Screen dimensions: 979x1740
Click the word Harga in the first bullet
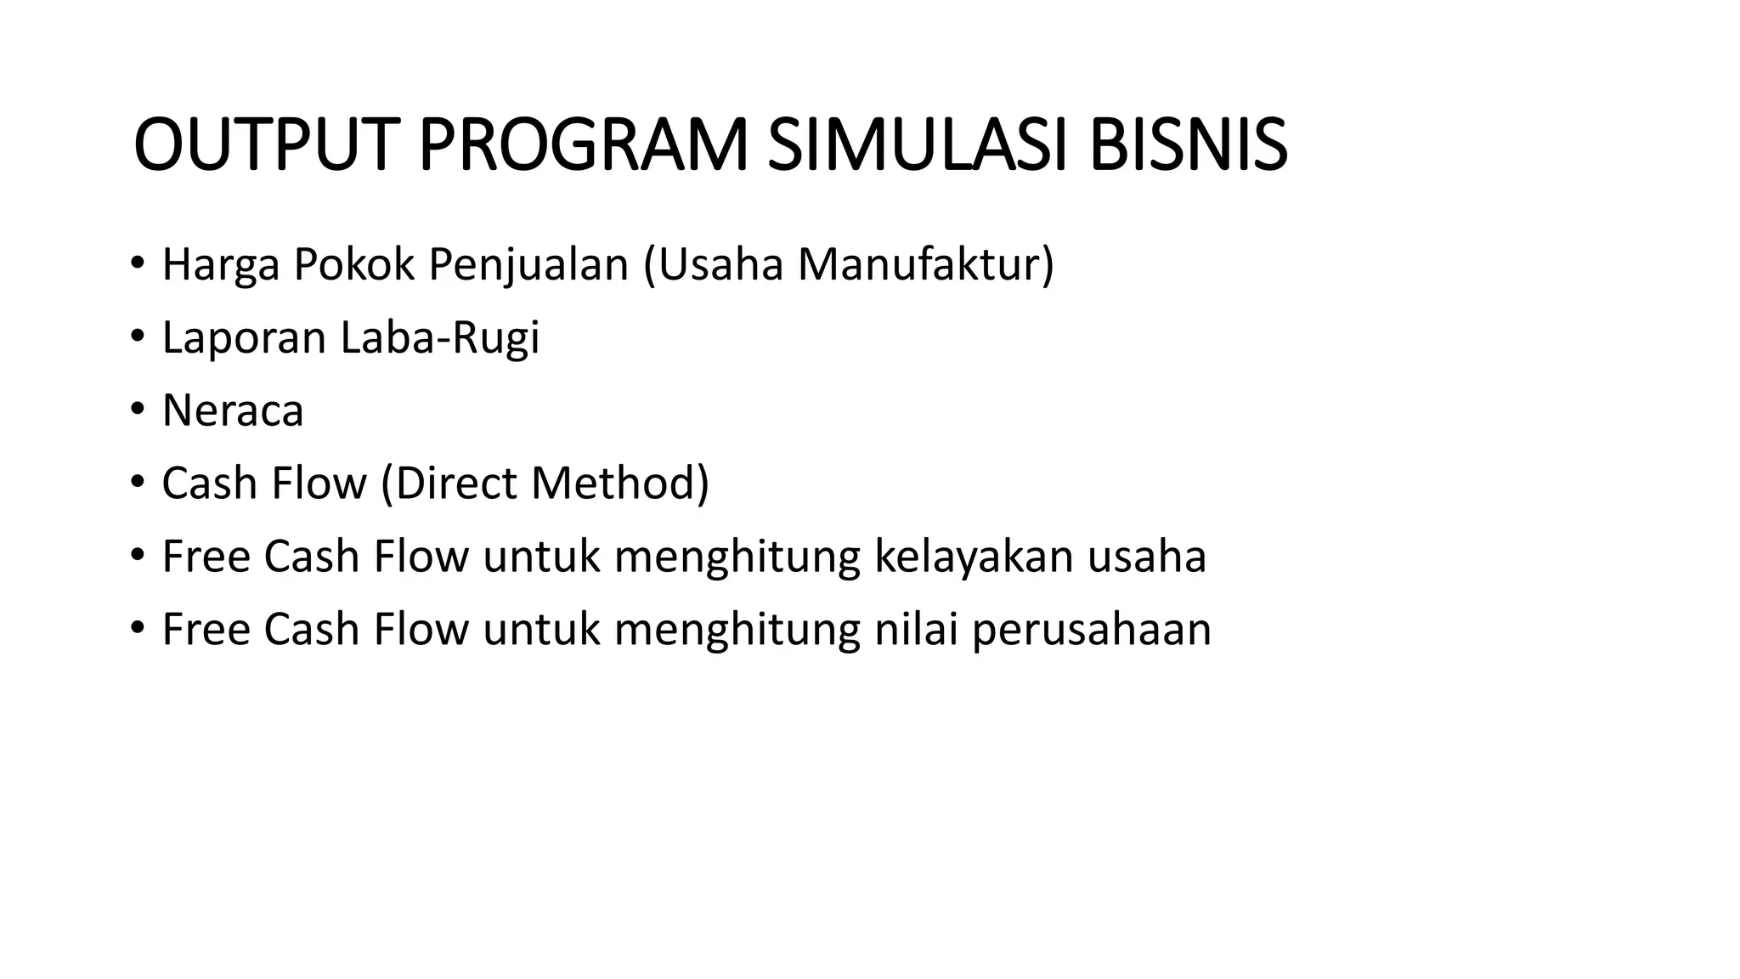[220, 265]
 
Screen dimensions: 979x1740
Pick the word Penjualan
[528, 265]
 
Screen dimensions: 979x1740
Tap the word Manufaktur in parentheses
[919, 265]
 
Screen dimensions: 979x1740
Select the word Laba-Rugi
[440, 337]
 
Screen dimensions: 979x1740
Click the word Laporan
[244, 339]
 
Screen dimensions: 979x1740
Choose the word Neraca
[232, 410]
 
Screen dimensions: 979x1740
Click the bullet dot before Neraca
[138, 410]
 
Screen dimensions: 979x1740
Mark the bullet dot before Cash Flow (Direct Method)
[138, 483]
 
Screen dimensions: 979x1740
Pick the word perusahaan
[1091, 631]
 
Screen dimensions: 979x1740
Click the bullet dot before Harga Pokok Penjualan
[138, 264]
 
